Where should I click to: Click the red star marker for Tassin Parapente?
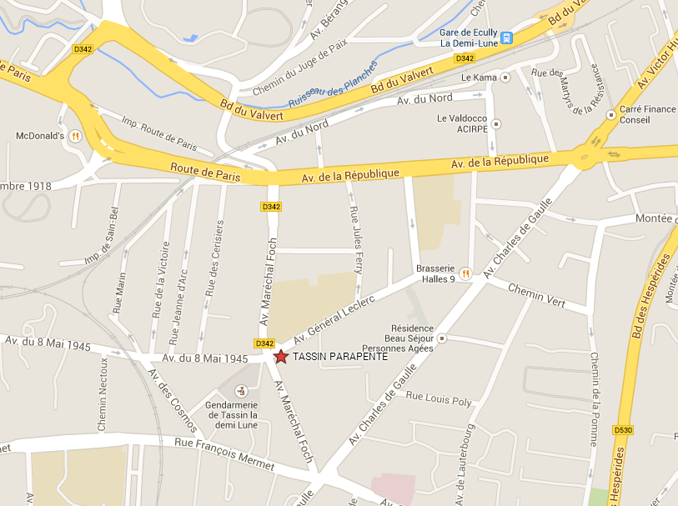281,357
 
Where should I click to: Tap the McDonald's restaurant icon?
75,136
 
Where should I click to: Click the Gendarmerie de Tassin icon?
242,390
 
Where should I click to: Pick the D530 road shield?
622,430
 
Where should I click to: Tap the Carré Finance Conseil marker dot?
612,109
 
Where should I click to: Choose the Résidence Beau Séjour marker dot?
442,338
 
